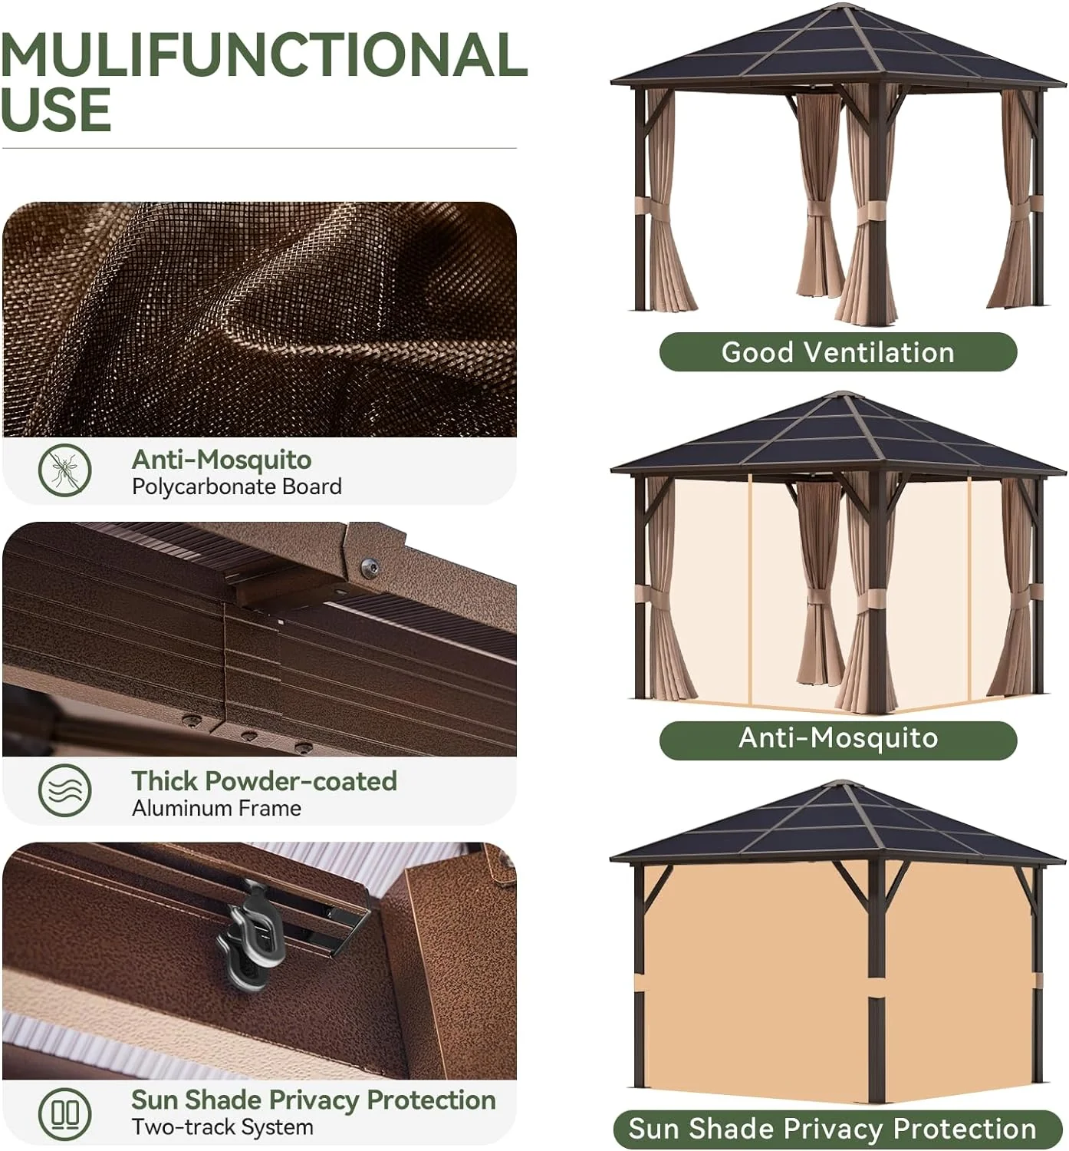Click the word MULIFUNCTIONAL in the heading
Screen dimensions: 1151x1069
[x=263, y=54]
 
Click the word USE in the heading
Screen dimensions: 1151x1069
[x=56, y=110]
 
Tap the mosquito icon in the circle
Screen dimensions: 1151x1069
[x=65, y=470]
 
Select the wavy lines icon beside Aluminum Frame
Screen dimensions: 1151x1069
[x=65, y=790]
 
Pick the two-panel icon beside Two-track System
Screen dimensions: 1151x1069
[x=65, y=1113]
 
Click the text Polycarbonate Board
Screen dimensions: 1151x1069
[x=236, y=486]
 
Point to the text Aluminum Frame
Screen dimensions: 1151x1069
[x=216, y=808]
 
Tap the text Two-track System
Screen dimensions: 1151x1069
[x=222, y=1127]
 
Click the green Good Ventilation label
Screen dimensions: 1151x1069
[x=837, y=352]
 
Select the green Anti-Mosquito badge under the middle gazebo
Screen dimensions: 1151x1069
[x=837, y=738]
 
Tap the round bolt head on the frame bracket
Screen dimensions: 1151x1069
[x=370, y=568]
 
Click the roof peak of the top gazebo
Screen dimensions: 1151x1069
[x=840, y=8]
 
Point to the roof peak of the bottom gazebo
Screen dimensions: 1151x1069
[x=840, y=784]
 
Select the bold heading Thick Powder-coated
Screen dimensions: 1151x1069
[x=264, y=781]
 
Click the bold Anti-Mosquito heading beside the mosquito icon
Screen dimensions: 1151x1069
[x=221, y=460]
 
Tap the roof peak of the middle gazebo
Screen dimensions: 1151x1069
[x=840, y=395]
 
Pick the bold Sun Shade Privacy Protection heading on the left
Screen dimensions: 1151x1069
[x=313, y=1100]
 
